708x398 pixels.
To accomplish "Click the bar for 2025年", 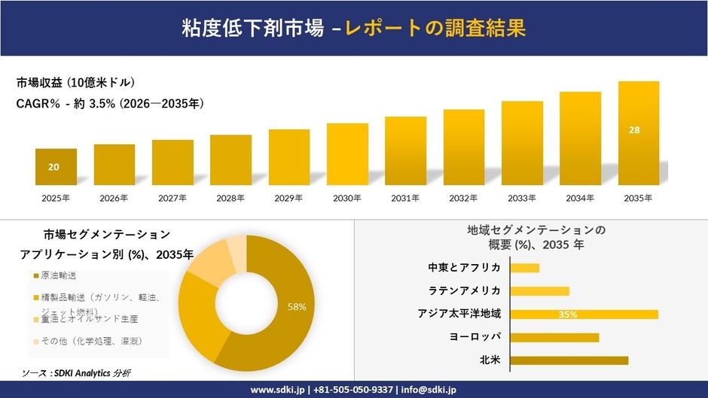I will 56,167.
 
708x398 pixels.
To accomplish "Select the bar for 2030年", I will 347,154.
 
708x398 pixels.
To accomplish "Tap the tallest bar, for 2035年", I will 638,133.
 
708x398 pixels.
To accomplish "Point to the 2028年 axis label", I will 230,198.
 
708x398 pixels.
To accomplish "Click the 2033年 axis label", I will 522,198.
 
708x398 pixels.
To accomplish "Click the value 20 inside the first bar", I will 53,167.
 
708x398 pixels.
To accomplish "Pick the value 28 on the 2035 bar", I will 634,130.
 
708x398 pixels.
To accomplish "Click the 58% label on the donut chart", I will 297,307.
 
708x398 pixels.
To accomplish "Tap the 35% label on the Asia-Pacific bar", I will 568,314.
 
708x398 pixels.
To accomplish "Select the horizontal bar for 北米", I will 569,360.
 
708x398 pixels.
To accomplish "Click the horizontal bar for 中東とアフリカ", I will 525,268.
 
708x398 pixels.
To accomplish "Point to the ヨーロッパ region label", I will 475,336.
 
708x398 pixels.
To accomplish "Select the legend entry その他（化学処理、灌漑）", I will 90,341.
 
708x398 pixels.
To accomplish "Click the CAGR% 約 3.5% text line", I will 109,103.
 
